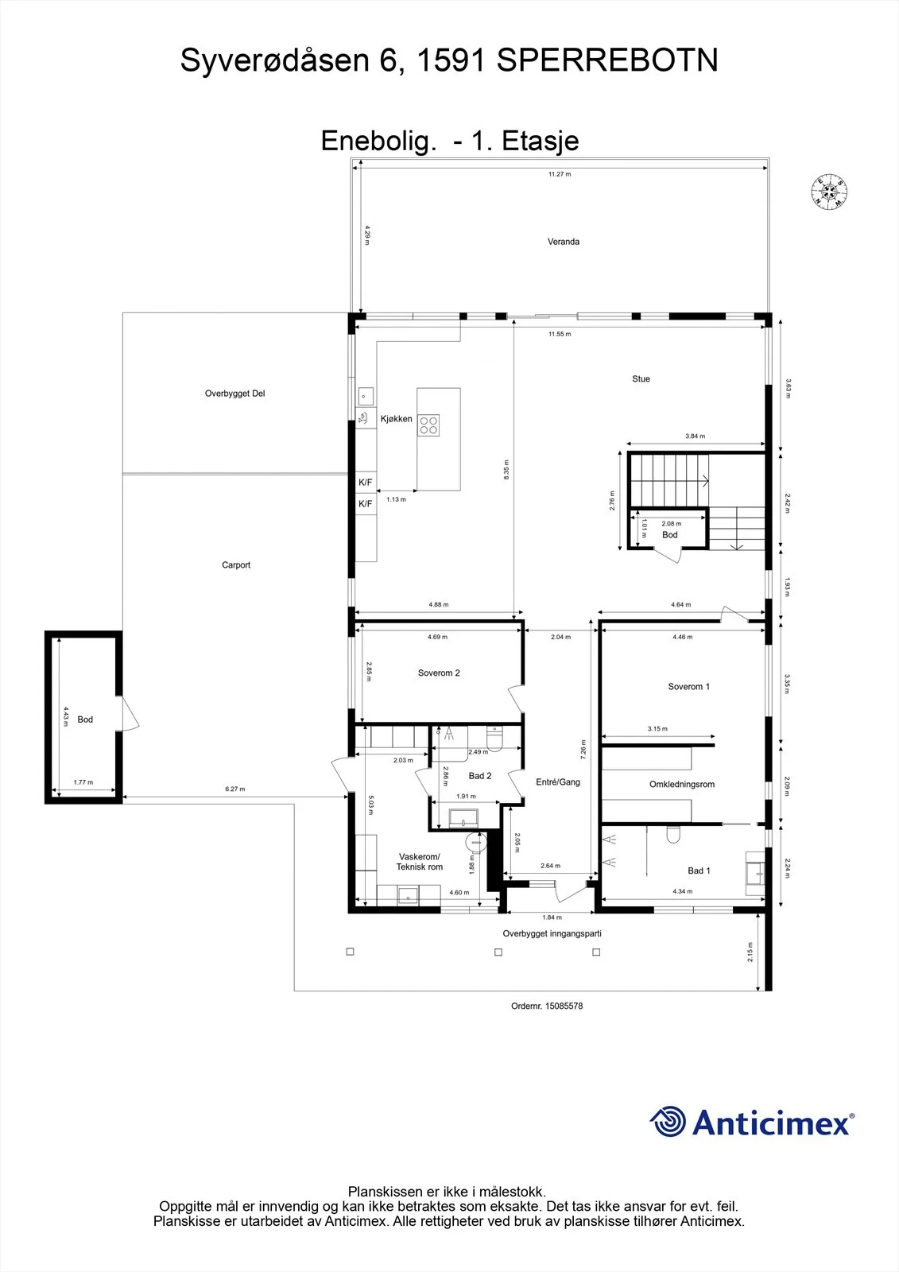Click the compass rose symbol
829,192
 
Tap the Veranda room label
564,242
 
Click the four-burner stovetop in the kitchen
428,425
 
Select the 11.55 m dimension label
560,334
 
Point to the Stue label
641,378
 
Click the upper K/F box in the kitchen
366,482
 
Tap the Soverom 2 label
439,673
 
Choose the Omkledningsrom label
682,784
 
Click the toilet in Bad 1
673,834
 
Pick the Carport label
236,565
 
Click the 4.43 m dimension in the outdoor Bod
66,716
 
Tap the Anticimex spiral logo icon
668,1122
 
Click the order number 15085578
564,1006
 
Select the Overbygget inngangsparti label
552,933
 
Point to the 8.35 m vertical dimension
506,470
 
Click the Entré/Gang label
558,782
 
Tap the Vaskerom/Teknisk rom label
420,862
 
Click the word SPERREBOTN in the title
607,60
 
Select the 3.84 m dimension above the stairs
696,436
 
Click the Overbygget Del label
235,394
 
